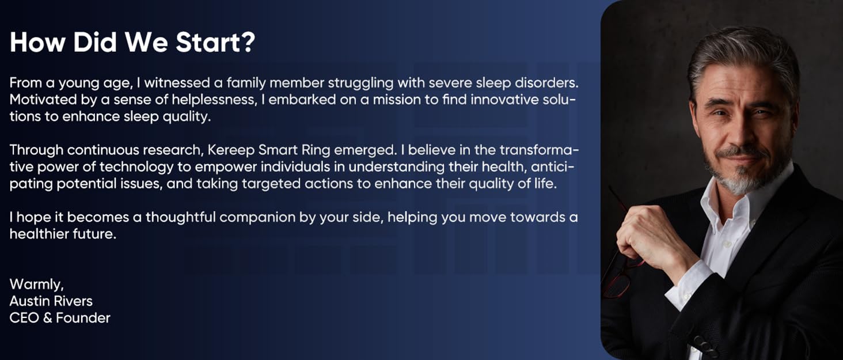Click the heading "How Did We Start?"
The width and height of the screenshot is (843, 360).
132,42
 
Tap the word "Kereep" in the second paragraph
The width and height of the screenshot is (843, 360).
231,150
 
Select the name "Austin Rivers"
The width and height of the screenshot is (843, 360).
51,301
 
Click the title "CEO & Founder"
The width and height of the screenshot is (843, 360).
60,318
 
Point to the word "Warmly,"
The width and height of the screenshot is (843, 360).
36,285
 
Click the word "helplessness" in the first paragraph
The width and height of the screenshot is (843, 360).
214,100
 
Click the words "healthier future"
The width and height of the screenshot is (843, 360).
63,234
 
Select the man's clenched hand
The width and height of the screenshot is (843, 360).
651,237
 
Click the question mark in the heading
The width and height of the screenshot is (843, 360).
246,42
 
